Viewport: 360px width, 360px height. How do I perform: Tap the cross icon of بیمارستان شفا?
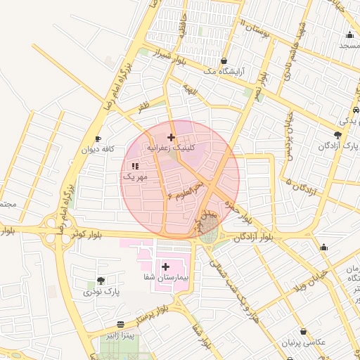(166, 266)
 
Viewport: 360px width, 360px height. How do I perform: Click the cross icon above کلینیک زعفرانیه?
(171, 136)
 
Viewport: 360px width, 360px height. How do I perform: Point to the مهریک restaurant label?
(135, 177)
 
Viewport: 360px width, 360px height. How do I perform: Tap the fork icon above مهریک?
(135, 166)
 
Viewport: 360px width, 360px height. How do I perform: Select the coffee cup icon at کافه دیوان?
(98, 139)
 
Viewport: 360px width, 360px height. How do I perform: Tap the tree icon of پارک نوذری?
(101, 281)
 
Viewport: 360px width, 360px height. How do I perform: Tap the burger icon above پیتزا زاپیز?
(121, 326)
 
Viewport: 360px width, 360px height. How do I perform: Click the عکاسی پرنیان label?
(302, 342)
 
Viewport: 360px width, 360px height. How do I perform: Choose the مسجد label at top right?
(349, 45)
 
